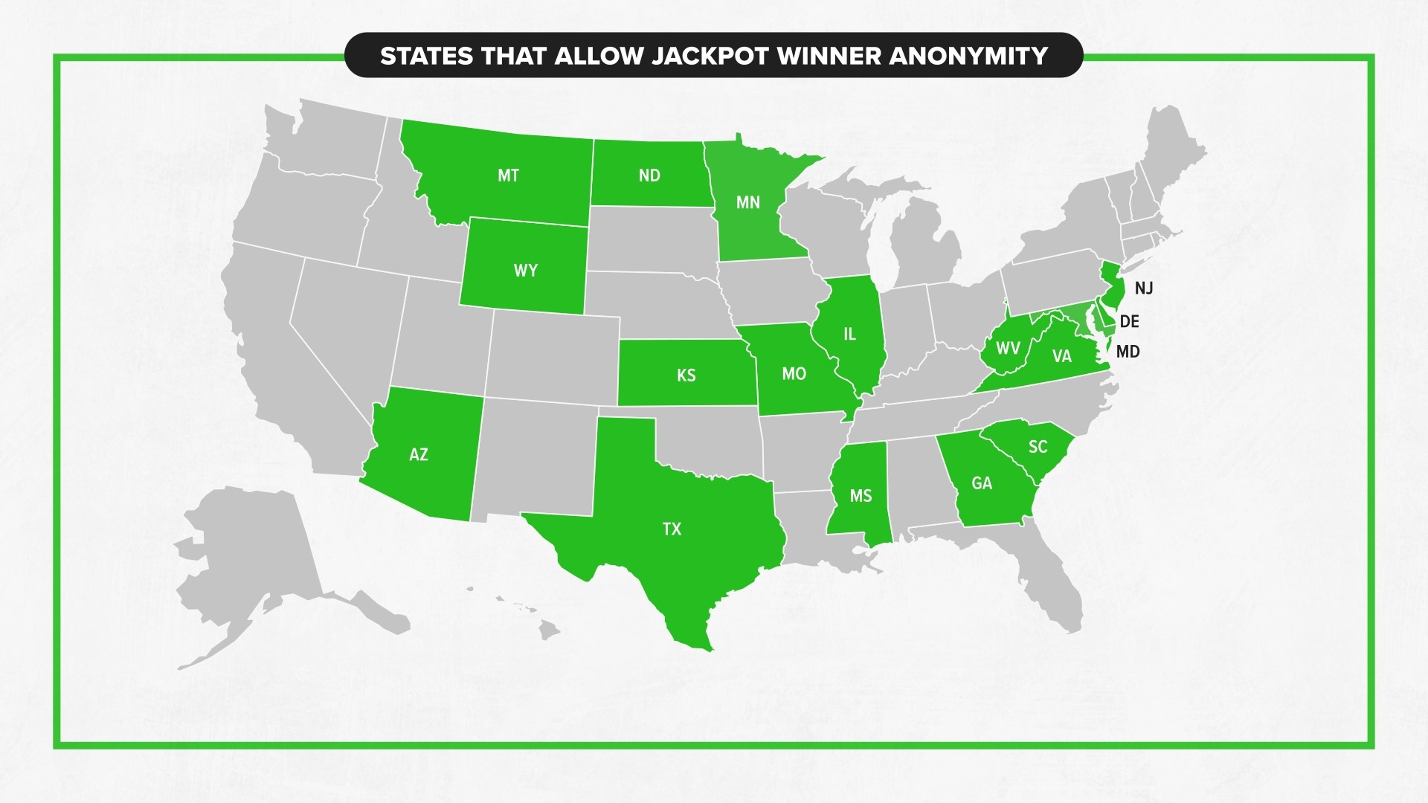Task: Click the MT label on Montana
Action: tap(508, 175)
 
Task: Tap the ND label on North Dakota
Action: tap(649, 175)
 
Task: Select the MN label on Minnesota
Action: tap(748, 202)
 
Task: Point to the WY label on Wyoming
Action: tap(525, 271)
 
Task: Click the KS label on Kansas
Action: tap(686, 375)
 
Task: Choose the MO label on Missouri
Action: tap(794, 374)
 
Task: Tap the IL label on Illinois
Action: tap(849, 335)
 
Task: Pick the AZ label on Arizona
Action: tap(419, 454)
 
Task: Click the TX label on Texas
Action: tap(672, 529)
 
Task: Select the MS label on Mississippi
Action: tap(861, 496)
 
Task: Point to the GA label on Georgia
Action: tap(982, 483)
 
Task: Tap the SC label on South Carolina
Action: tap(1038, 447)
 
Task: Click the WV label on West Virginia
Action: tap(1008, 348)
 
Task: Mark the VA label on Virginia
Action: tap(1061, 356)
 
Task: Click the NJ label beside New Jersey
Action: tap(1144, 288)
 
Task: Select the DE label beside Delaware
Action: tap(1129, 321)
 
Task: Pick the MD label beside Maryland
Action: tap(1128, 352)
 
